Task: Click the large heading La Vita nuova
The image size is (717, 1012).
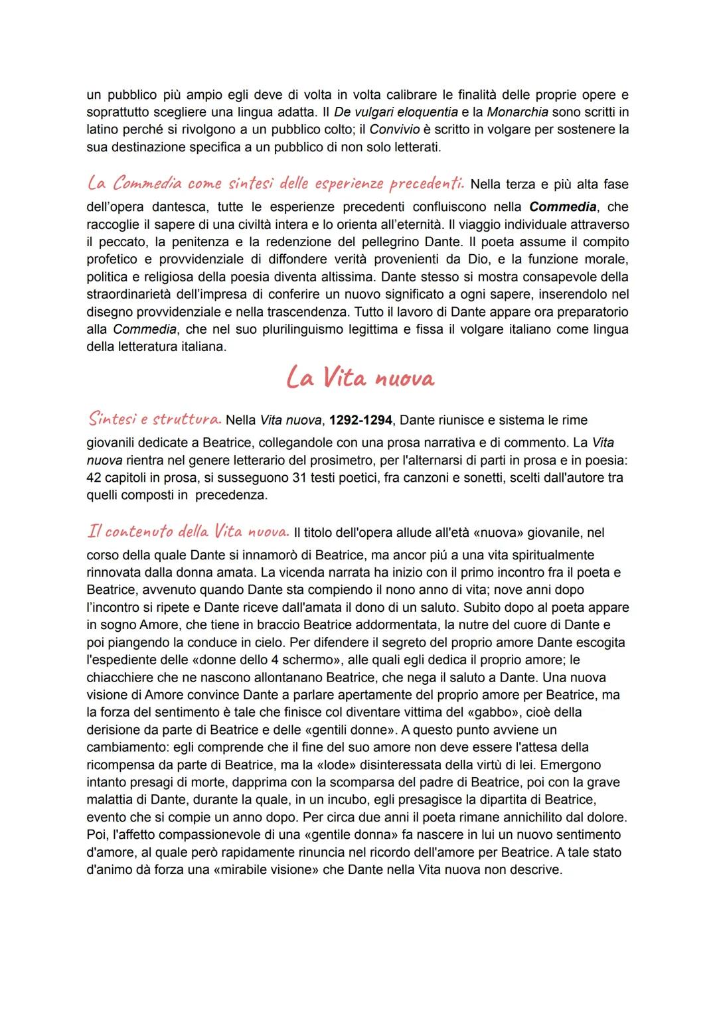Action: [359, 378]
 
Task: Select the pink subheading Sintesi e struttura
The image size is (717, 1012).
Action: [154, 419]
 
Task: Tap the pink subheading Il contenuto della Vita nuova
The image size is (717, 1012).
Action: [188, 532]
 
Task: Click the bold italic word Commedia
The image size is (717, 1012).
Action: [558, 207]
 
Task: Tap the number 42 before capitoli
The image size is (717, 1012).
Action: [94, 477]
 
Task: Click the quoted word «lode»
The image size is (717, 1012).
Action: [396, 764]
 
